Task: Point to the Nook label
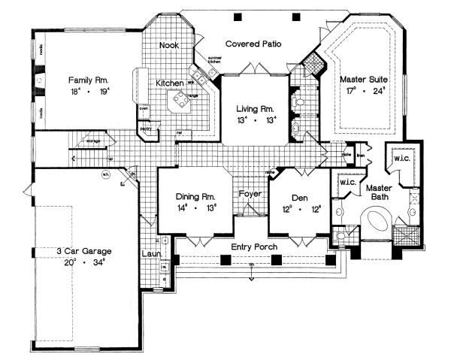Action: point(168,46)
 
